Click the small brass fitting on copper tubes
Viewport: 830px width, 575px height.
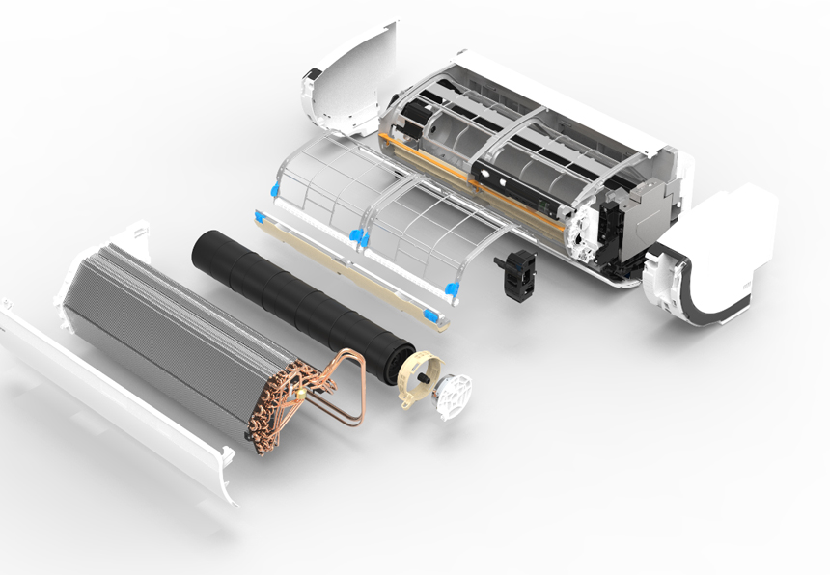[x=306, y=391]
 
